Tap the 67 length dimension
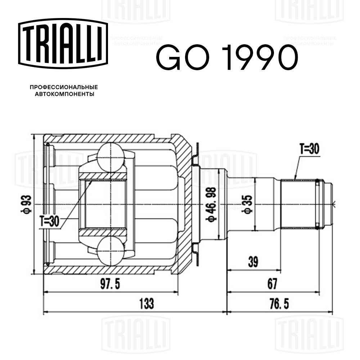point(272,284)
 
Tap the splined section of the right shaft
point(297,204)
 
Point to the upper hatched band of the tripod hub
point(104,176)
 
